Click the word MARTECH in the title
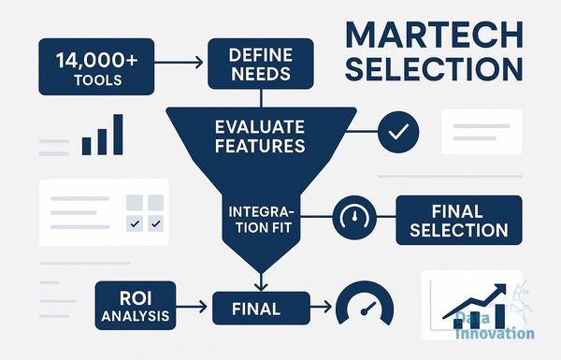(435, 35)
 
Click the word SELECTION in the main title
(435, 68)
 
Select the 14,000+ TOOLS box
(96, 67)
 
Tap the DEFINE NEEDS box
(261, 64)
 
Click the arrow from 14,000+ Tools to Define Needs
(179, 63)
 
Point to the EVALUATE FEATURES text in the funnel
(260, 137)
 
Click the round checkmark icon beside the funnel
(398, 132)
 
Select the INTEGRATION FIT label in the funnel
(261, 220)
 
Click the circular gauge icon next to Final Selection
(354, 217)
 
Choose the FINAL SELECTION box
(459, 220)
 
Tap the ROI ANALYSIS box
(136, 305)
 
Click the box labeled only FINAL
(261, 309)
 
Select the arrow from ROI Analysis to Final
(192, 307)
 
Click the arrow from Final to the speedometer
(321, 307)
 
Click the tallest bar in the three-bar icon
(118, 135)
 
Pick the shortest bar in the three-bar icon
(87, 146)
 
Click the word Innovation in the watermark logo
(496, 334)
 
